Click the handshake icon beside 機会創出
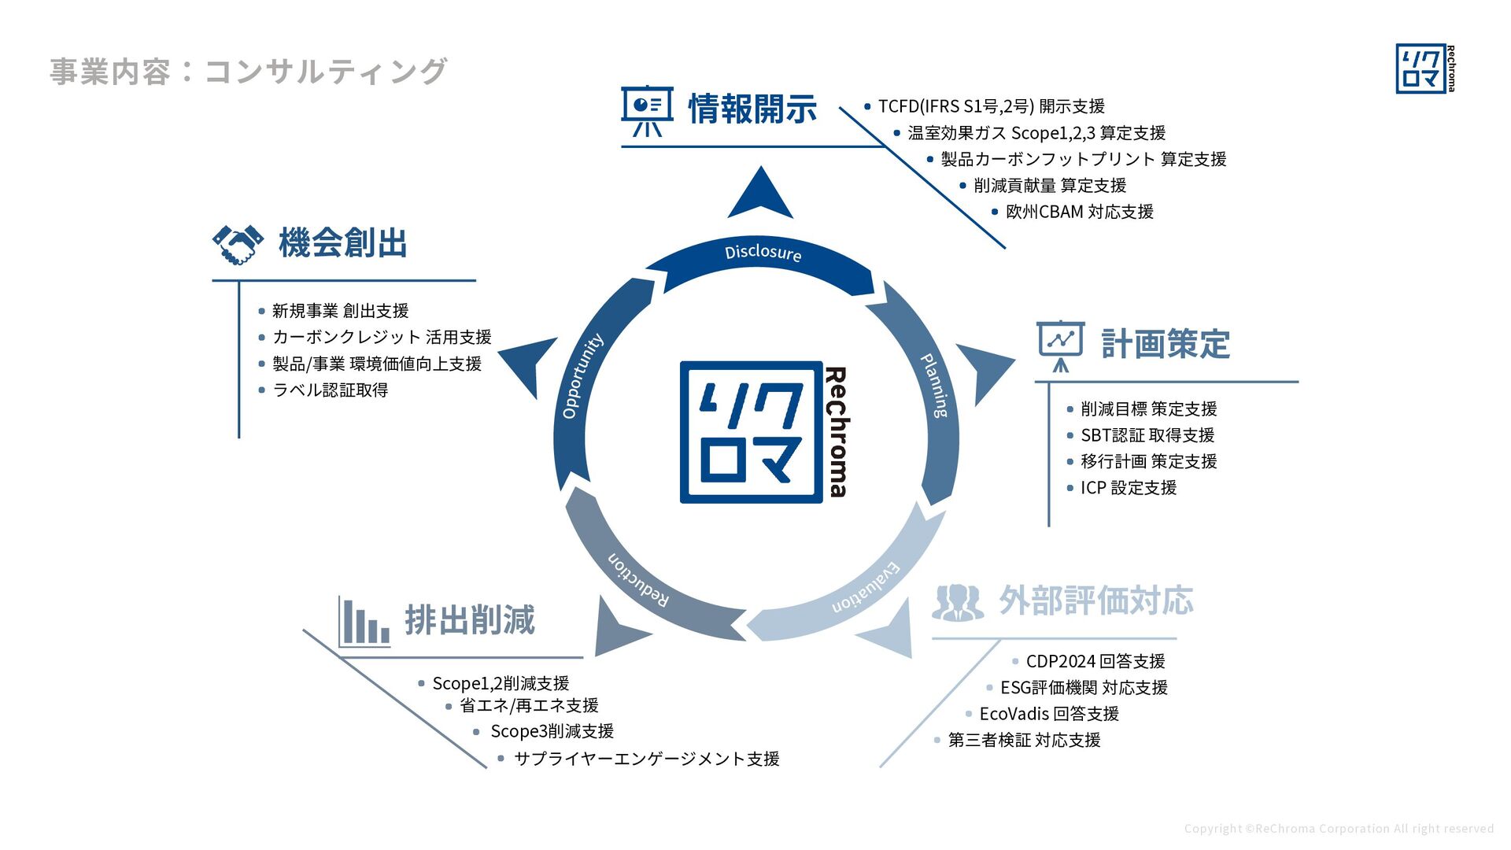(237, 244)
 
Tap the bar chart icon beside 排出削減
(364, 623)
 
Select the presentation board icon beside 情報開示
(647, 111)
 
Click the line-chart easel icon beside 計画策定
(1060, 345)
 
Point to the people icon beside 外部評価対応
(957, 603)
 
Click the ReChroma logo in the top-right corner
(1425, 68)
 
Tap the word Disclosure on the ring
(763, 253)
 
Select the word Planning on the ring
(935, 385)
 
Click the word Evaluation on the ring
(866, 586)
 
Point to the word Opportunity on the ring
(582, 375)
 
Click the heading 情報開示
(752, 109)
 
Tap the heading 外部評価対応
(1096, 601)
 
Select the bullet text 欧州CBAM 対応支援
(1079, 212)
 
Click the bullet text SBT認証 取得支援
(1147, 435)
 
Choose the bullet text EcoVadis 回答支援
(1048, 714)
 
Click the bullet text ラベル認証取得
(330, 390)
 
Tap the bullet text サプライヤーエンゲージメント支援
(646, 759)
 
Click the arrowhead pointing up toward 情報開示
(760, 194)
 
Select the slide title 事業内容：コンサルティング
(248, 72)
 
